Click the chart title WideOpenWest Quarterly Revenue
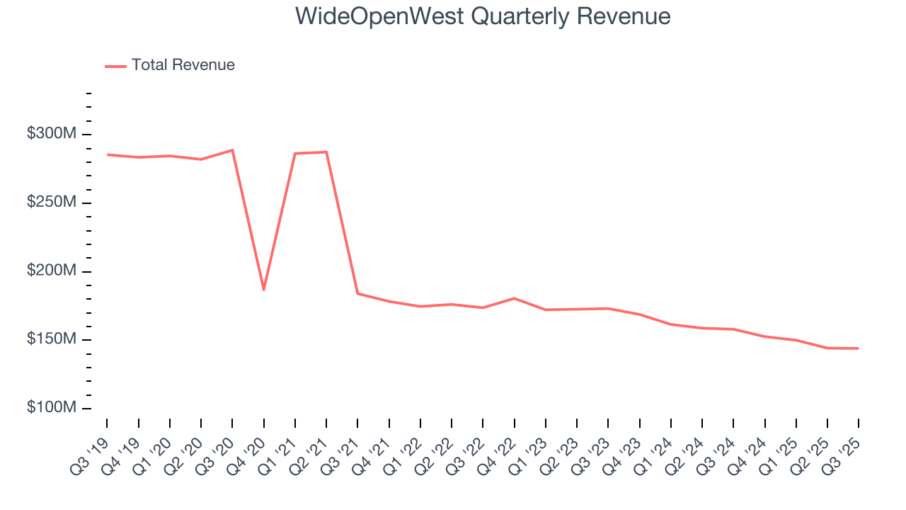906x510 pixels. coord(483,16)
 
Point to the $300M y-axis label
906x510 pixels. coord(52,134)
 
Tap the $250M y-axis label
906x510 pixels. coord(52,203)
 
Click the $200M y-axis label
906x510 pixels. coord(52,271)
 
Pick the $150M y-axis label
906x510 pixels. coord(52,339)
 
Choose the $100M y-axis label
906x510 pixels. coord(52,408)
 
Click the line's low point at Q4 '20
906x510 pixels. coord(263,290)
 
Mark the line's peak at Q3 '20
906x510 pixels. coord(232,150)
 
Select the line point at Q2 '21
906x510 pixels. coord(326,152)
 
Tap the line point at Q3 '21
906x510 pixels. coord(357,293)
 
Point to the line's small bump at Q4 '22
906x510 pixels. coord(514,298)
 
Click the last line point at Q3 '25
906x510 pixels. coord(858,348)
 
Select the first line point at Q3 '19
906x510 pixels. coord(107,154)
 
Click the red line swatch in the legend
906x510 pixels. coord(115,66)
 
